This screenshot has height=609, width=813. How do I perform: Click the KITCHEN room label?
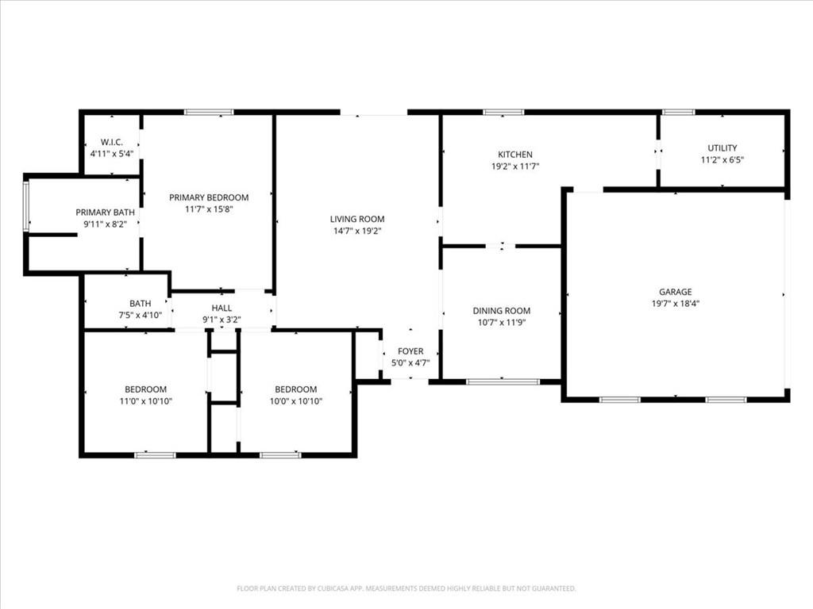pyautogui.click(x=514, y=155)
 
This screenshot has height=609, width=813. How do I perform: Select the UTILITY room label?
pyautogui.click(x=722, y=148)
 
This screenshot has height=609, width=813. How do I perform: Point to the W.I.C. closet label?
pyautogui.click(x=111, y=142)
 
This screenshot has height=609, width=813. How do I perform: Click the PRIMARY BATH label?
pyautogui.click(x=105, y=213)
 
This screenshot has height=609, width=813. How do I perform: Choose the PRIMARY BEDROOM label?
pyautogui.click(x=208, y=197)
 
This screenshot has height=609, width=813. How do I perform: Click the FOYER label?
pyautogui.click(x=410, y=351)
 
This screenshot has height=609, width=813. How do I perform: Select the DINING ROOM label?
pyautogui.click(x=501, y=311)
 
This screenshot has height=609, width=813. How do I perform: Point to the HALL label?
pyautogui.click(x=222, y=308)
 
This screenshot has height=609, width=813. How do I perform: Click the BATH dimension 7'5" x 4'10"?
pyautogui.click(x=141, y=315)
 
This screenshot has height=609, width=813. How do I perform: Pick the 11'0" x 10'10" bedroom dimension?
pyautogui.click(x=145, y=401)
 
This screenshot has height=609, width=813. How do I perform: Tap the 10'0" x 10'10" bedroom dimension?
pyautogui.click(x=295, y=401)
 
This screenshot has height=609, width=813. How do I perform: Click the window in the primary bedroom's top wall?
pyautogui.click(x=209, y=113)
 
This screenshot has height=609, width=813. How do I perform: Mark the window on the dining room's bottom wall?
pyautogui.click(x=503, y=381)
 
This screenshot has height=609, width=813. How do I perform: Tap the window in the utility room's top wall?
pyautogui.click(x=679, y=113)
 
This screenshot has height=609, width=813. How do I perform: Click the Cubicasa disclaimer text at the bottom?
pyautogui.click(x=406, y=588)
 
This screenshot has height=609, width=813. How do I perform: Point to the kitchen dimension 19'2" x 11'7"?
pyautogui.click(x=514, y=167)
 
